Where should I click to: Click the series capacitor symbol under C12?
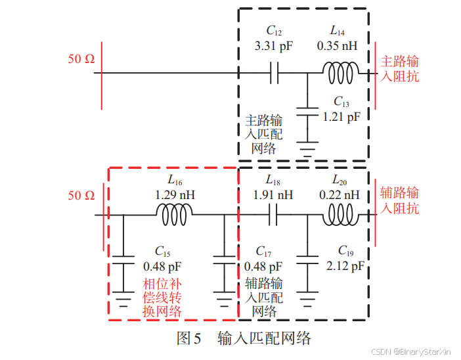click(274, 73)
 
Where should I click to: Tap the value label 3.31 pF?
click(274, 47)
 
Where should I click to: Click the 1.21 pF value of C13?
click(341, 116)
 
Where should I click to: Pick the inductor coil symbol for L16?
click(174, 214)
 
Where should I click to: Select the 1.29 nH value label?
click(175, 195)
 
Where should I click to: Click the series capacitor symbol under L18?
click(274, 214)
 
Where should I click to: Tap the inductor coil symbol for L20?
click(341, 214)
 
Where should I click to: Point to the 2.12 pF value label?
click(344, 266)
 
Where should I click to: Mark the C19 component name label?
click(345, 251)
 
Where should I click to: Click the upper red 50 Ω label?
click(81, 59)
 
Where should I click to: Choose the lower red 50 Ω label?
click(81, 195)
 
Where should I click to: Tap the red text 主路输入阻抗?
click(400, 69)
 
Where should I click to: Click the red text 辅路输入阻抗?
click(400, 200)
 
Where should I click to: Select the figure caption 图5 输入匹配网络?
click(244, 338)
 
